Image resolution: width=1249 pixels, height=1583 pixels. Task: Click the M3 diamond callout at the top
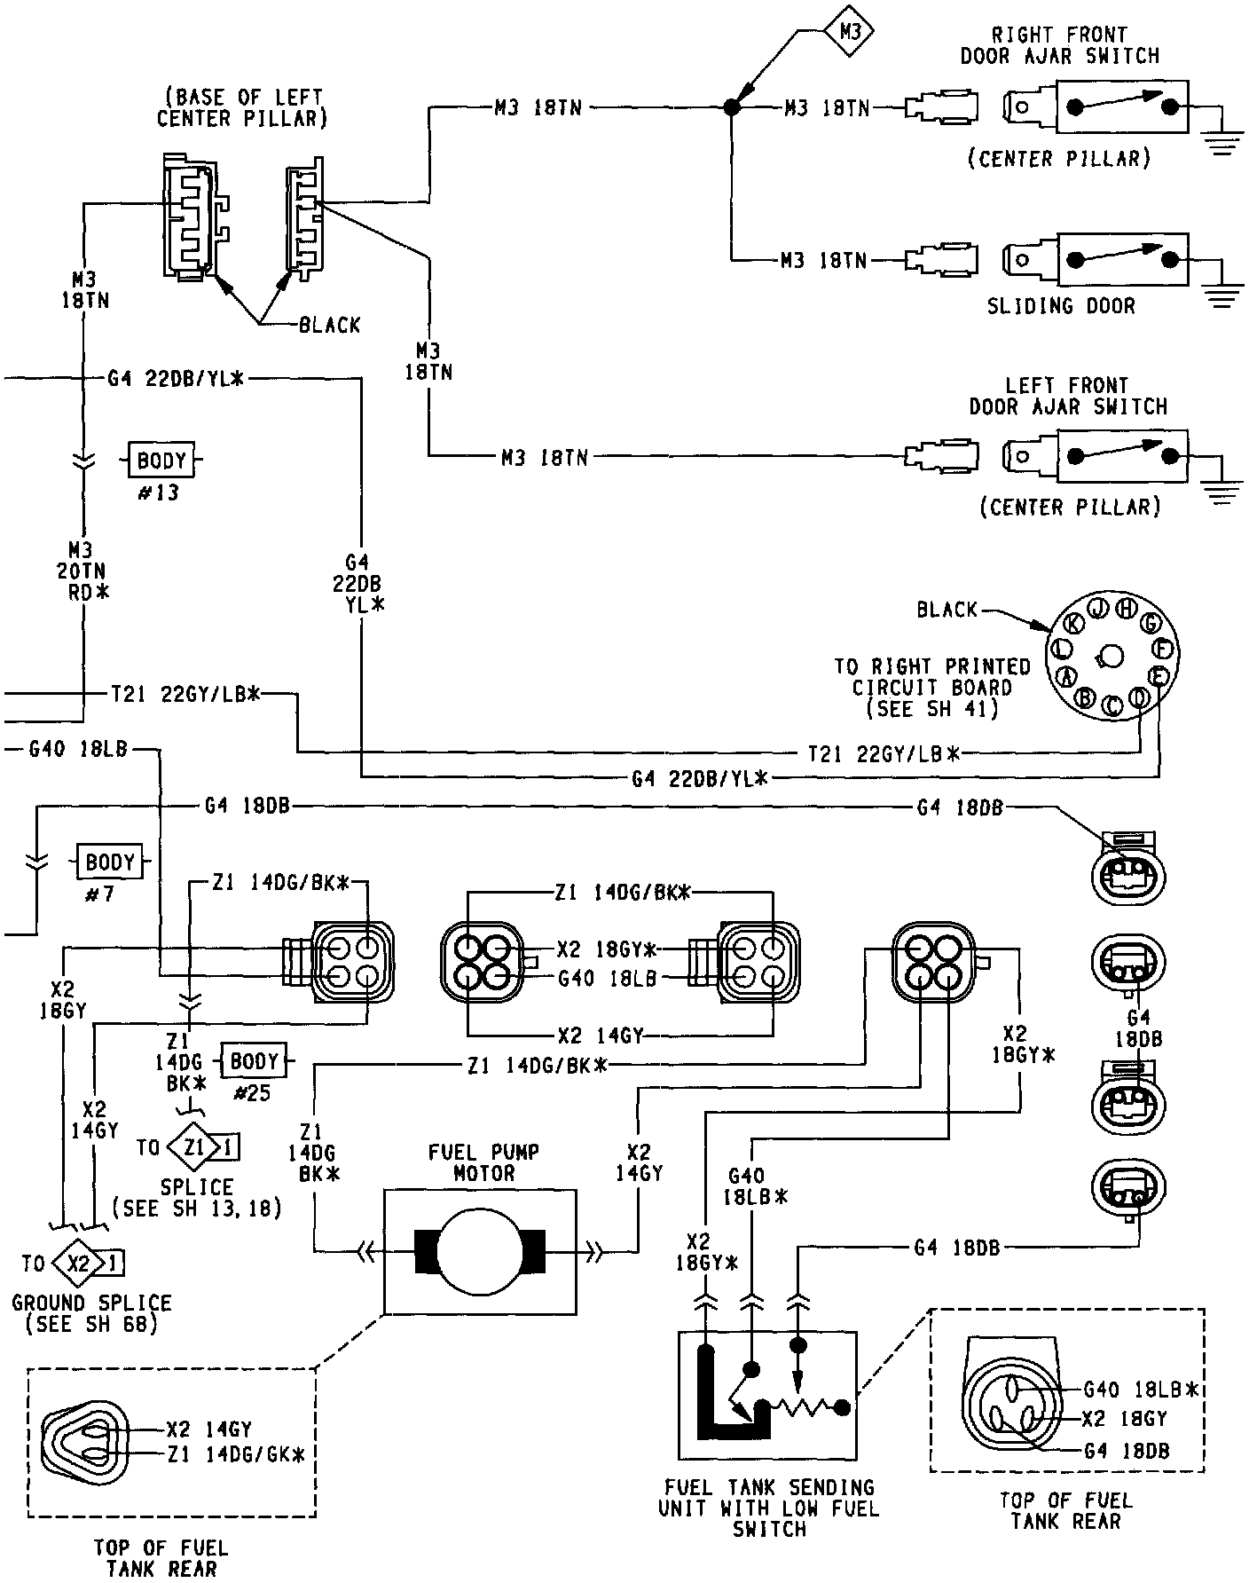(850, 33)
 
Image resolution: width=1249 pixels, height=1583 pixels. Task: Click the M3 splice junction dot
(731, 107)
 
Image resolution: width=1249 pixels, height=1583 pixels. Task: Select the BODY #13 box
(162, 461)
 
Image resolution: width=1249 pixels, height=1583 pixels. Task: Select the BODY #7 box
(110, 862)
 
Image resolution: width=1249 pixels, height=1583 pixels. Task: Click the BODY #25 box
(255, 1061)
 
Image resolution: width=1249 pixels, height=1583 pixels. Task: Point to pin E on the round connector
(1158, 676)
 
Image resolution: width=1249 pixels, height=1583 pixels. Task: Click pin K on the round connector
(1074, 623)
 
